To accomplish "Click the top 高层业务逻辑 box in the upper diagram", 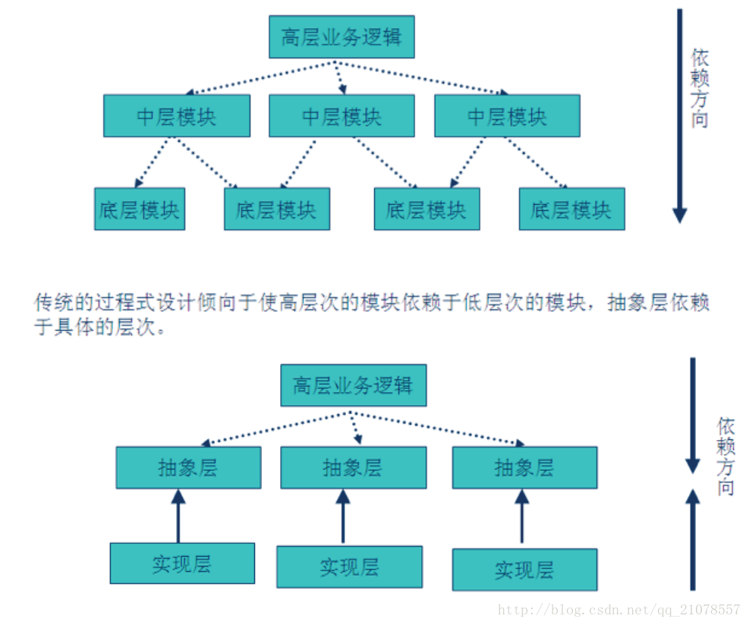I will tap(341, 36).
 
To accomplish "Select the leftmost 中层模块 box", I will tap(177, 116).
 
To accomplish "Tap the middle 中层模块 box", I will tap(341, 116).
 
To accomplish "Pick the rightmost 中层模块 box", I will tap(507, 116).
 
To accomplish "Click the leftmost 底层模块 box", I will tap(139, 209).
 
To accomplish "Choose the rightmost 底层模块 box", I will tap(571, 209).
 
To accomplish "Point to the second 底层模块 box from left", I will tap(277, 209).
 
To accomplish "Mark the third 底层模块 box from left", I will tap(426, 209).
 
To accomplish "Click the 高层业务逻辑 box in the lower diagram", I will tap(353, 385).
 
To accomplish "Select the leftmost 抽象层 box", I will tap(188, 467).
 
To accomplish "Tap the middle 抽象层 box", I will tap(353, 467).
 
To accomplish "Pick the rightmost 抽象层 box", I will tap(524, 467).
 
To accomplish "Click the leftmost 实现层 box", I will tap(182, 564).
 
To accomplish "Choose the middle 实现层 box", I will tap(349, 567).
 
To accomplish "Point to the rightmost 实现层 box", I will tap(524, 570).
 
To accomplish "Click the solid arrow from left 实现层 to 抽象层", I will tap(178, 516).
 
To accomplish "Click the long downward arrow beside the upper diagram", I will tap(680, 114).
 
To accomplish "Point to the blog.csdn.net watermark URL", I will tap(618, 610).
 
